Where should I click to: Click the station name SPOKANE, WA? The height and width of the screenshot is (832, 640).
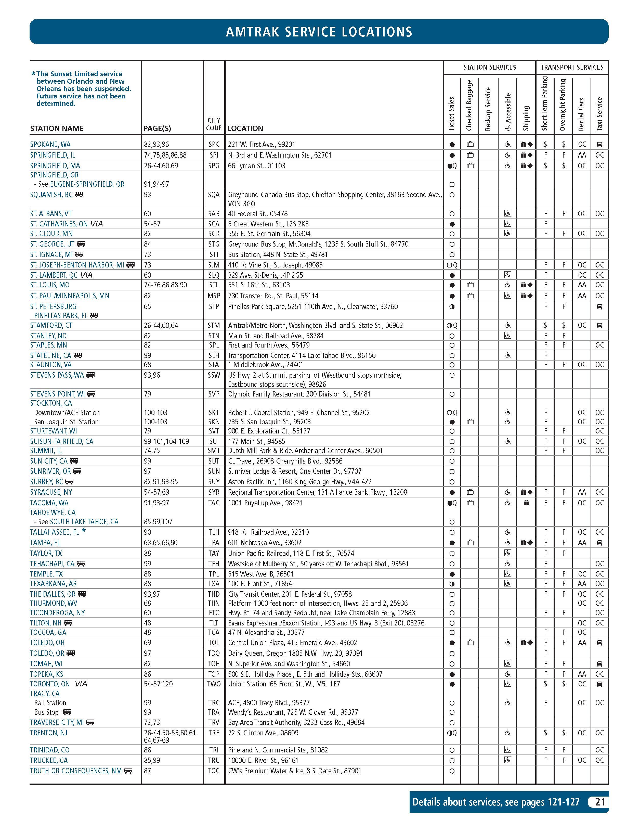[x=50, y=144]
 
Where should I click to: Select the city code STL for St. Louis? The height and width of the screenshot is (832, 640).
[x=214, y=285]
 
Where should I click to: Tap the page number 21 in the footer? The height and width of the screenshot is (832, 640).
[x=600, y=802]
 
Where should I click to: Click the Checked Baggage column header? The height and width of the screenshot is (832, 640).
[x=469, y=105]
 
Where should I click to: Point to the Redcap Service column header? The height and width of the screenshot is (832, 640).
[x=488, y=109]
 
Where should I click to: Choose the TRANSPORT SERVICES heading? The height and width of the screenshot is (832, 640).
[x=572, y=67]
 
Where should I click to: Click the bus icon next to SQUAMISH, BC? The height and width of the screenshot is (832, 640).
[x=79, y=195]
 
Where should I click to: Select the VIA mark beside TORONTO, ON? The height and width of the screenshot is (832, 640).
[x=81, y=684]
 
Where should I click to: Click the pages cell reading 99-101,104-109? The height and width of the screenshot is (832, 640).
[x=166, y=441]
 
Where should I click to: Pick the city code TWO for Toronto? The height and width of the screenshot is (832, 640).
[x=214, y=684]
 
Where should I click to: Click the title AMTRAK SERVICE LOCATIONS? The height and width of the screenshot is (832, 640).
[x=319, y=32]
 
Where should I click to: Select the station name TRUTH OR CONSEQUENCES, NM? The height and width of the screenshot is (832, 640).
[x=76, y=771]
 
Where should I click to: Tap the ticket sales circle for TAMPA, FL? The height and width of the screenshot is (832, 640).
[x=452, y=543]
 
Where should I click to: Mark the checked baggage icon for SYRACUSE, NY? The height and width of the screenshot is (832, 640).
[x=470, y=492]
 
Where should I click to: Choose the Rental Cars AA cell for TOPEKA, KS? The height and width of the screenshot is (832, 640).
[x=582, y=674]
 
